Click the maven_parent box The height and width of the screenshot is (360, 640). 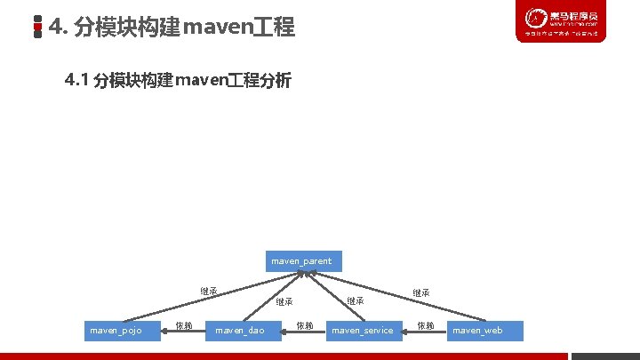click(x=301, y=260)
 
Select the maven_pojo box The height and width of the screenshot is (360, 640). click(x=122, y=331)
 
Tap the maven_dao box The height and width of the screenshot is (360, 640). click(x=240, y=331)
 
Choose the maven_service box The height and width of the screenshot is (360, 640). click(x=362, y=331)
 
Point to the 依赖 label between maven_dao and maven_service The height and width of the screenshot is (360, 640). click(x=304, y=326)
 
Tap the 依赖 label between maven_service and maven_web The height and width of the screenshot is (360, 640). click(x=426, y=326)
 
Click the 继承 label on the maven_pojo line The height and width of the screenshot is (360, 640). click(x=209, y=291)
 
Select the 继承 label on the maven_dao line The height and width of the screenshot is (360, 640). click(x=284, y=301)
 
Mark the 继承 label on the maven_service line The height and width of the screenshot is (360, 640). click(x=355, y=301)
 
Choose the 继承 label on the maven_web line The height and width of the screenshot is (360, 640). click(x=421, y=292)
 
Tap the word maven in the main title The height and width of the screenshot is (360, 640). click(x=213, y=28)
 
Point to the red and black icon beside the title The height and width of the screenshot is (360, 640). click(x=37, y=28)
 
